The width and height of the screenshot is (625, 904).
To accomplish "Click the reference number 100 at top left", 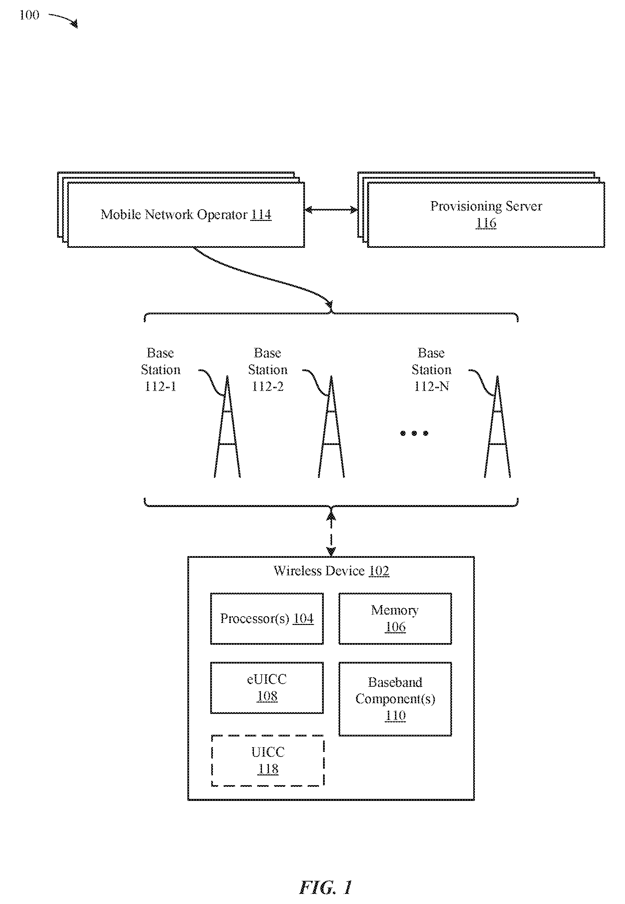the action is [x=29, y=15].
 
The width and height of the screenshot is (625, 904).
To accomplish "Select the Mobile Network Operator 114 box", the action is [x=186, y=215].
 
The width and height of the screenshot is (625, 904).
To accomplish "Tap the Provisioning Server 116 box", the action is [x=486, y=215].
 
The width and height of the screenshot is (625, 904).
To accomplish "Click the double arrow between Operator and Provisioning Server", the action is [x=331, y=210].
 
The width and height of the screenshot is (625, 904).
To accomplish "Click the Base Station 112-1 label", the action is [x=161, y=370].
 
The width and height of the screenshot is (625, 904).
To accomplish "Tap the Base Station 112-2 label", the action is [x=268, y=370].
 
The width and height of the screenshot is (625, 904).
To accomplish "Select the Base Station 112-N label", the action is [x=432, y=370].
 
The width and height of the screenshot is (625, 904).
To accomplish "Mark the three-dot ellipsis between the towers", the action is [x=414, y=433].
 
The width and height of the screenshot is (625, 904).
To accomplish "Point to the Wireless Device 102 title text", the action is [x=331, y=571].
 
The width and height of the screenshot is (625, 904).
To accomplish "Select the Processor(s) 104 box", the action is [x=267, y=619].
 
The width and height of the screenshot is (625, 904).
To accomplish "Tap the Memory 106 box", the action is [x=395, y=619].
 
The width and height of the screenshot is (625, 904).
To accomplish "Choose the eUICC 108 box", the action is [x=267, y=688].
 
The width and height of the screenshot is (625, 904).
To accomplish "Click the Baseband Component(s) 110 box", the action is [x=395, y=699].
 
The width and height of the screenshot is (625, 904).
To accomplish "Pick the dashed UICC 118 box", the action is [x=268, y=760].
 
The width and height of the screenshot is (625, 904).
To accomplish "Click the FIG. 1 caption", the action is [x=326, y=887].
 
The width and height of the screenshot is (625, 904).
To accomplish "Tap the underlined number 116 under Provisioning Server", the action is [x=486, y=223].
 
